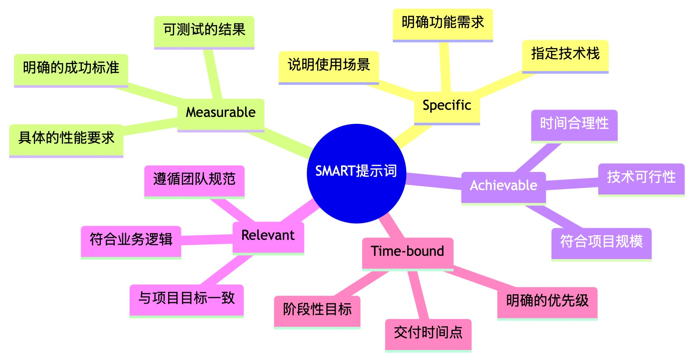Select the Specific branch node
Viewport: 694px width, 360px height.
coord(447,106)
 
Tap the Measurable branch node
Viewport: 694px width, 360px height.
coord(221,113)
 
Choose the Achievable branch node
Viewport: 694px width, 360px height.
coord(503,186)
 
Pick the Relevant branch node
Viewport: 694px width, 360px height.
coord(268,236)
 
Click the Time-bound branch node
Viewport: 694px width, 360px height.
coord(407,252)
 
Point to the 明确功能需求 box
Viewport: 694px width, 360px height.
coord(443,23)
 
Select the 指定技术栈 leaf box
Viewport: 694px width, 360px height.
coord(565,54)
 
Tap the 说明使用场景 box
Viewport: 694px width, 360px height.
coord(329,65)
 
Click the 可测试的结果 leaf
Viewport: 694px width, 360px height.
coord(204,30)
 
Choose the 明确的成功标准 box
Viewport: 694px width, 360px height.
coord(71,68)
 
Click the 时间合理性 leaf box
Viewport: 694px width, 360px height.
coord(574,124)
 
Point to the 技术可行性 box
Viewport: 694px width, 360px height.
coord(641,178)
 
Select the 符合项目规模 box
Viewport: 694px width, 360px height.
coord(601,242)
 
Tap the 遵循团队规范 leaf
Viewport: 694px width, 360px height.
coord(194,180)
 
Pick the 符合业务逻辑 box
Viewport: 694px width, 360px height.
coord(131,240)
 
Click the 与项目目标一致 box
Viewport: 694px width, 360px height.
coord(186,299)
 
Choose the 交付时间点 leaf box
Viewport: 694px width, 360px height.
coord(428,333)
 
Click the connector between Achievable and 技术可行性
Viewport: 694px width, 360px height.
coord(572,183)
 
